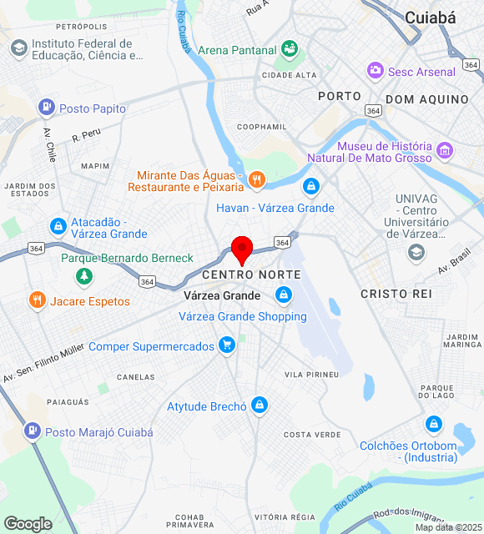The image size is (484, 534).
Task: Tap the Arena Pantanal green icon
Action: pos(289,49)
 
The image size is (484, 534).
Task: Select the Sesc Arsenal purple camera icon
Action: pos(376,71)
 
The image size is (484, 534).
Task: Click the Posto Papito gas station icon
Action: pos(46,108)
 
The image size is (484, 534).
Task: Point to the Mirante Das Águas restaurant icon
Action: pos(256,178)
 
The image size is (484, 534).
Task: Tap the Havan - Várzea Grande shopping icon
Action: pos(311,186)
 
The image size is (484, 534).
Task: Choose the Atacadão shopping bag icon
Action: pos(58,225)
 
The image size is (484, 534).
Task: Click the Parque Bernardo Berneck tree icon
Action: pos(83,275)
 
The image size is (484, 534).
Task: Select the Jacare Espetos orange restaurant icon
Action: pos(37,300)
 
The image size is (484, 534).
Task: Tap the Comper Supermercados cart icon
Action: pos(225,345)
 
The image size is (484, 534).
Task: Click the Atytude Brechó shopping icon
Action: pos(260,406)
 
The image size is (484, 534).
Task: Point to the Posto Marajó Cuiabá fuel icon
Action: pos(32,431)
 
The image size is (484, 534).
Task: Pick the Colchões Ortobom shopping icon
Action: pos(432,424)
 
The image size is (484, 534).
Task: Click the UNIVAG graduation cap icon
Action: pos(416,252)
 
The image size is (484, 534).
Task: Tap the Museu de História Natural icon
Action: pos(445,151)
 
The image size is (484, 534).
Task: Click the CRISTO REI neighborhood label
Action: pos(396,294)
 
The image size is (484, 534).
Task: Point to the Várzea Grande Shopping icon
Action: pos(285,295)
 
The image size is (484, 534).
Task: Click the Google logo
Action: pos(28,524)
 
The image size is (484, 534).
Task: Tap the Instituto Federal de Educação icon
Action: pos(18,48)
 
